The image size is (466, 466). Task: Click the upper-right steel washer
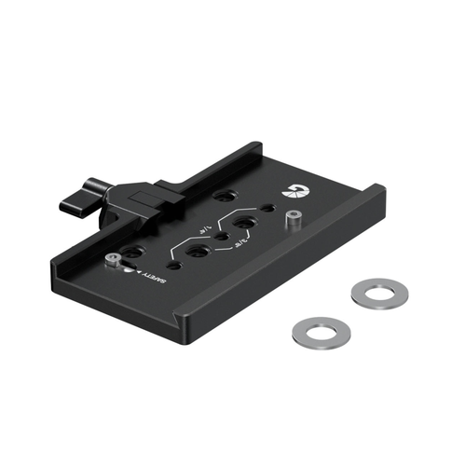pyautogui.click(x=381, y=291)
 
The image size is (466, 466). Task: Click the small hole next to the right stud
pyautogui.click(x=268, y=207)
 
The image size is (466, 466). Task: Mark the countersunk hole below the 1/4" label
pyautogui.click(x=199, y=252)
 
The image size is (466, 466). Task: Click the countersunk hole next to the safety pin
pyautogui.click(x=133, y=252)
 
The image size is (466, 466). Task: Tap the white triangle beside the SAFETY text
pyautogui.click(x=139, y=273)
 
